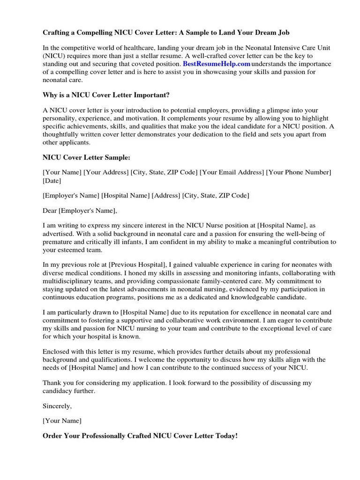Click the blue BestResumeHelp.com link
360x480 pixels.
[x=216, y=64]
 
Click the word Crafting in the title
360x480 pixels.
[x=57, y=33]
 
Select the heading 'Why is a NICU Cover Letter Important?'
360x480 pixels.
[x=106, y=95]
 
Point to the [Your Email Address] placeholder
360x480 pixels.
[x=232, y=172]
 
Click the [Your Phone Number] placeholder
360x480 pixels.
[x=299, y=172]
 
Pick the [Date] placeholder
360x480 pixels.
[x=52, y=180]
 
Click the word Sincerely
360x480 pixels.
[x=57, y=405]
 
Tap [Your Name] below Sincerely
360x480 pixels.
[x=62, y=420]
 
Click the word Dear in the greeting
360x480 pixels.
[x=50, y=210]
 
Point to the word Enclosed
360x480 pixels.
[x=57, y=351]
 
